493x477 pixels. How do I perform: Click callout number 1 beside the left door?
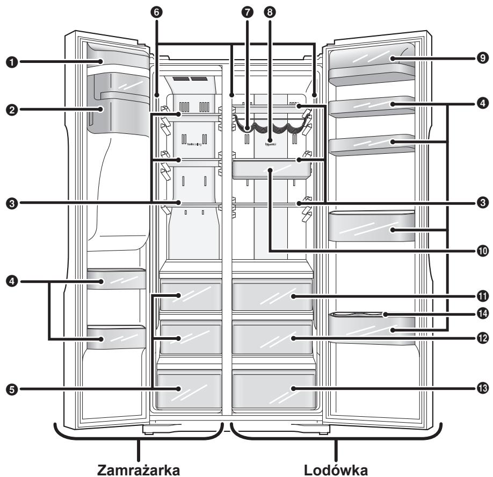(9, 62)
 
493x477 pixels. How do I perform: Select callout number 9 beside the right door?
(483, 58)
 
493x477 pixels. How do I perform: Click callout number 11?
(483, 296)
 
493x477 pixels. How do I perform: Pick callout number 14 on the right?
(483, 314)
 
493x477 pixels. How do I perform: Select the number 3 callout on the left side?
(9, 203)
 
